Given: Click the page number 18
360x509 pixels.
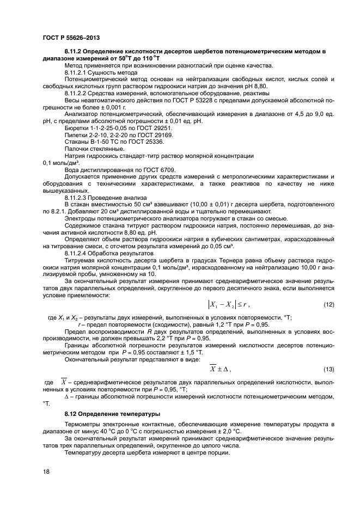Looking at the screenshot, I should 46,471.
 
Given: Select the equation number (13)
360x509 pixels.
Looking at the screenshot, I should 328,370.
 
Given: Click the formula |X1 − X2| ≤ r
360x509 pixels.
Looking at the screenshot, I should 228,304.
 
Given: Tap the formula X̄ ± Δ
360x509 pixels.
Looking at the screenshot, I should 220,370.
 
